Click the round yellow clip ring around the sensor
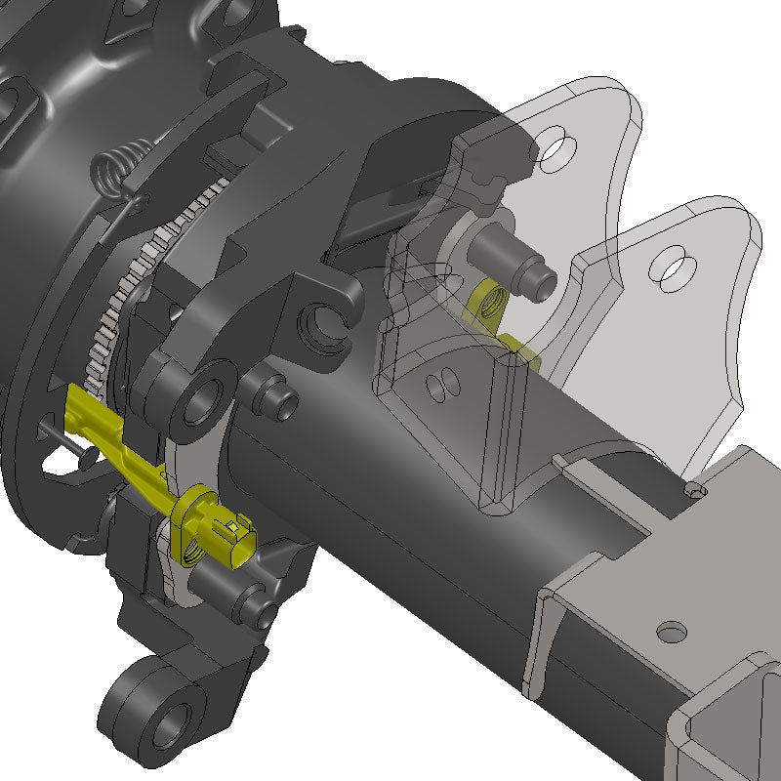tap(191, 508)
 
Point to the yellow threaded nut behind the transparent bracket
tap(485, 302)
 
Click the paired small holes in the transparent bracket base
tap(442, 387)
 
